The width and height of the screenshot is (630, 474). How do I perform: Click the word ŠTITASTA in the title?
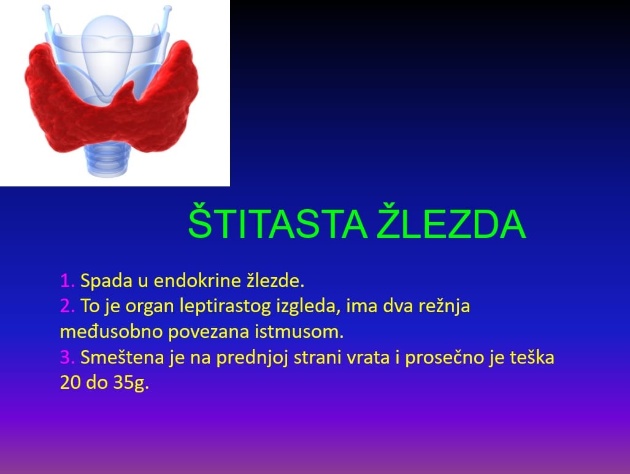[278, 221]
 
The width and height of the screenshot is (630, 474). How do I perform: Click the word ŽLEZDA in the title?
[452, 221]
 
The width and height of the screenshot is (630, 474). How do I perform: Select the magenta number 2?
[67, 306]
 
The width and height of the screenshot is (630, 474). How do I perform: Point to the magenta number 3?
[67, 357]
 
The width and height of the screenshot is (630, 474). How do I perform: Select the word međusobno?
[111, 332]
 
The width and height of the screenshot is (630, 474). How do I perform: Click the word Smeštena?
[122, 357]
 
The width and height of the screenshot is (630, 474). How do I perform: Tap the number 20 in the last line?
[70, 383]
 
